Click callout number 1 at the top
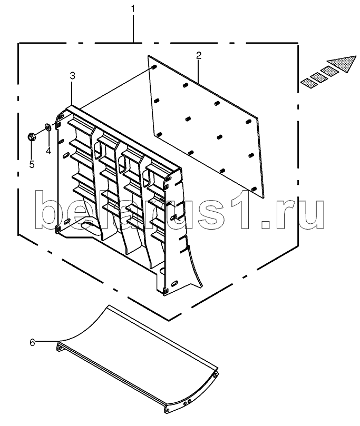pos(133,9)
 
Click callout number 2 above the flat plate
pos(199,55)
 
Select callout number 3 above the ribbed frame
pos(72,76)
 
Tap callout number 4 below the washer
pos(48,151)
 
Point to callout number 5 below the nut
pos(32,164)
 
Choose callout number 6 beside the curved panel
pos(32,343)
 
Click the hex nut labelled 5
pos(31,137)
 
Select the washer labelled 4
pos(48,126)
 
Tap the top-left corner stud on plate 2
pos(153,67)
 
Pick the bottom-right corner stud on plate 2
pos(254,189)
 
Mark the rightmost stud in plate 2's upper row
pos(248,121)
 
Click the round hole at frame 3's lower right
pos(162,271)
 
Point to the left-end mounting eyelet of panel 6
pos(59,346)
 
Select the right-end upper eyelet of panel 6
pos(215,375)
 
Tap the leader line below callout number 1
pos(133,28)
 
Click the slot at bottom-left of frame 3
pos(66,222)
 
